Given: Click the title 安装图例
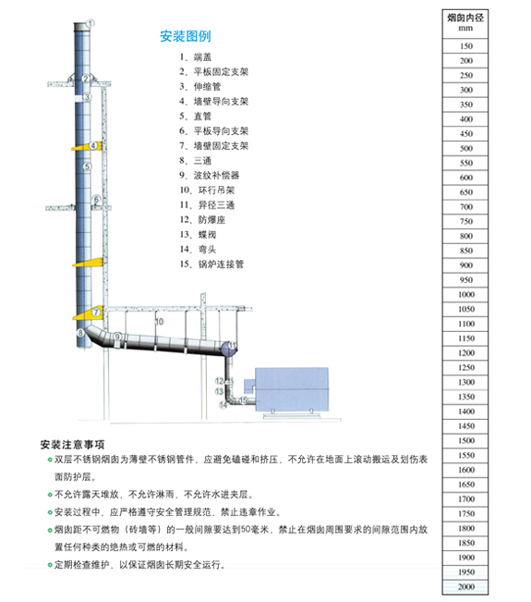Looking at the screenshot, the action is coord(186,36).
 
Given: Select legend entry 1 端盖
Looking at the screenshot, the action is coord(196,57).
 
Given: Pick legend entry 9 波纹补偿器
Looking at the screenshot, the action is coord(210,176).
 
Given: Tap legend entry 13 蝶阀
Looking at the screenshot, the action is coord(199,235).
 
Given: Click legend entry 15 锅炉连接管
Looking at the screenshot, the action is coord(211,264).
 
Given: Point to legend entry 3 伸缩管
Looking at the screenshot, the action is coord(200,87).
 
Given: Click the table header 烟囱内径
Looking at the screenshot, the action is coord(465,18).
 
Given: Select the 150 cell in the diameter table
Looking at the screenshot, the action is coord(465,46).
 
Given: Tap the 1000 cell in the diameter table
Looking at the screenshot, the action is coord(465,294).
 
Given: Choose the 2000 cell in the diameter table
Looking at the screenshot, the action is coord(465,586).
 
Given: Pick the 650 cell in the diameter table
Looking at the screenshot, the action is coord(465,192).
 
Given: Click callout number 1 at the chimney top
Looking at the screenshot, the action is coord(91,23).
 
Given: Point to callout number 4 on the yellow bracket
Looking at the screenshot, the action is coord(93,145).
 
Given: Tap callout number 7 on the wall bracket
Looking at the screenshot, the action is coord(97,312).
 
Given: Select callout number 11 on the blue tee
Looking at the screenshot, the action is coord(233,345).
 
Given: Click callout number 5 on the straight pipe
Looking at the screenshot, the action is coord(88,166).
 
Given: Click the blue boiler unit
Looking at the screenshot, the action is coord(292,389).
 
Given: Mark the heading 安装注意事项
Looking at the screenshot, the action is coord(72,445).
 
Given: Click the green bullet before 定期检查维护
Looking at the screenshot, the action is coord(50,565).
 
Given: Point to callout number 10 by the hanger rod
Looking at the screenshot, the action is coord(160,322).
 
